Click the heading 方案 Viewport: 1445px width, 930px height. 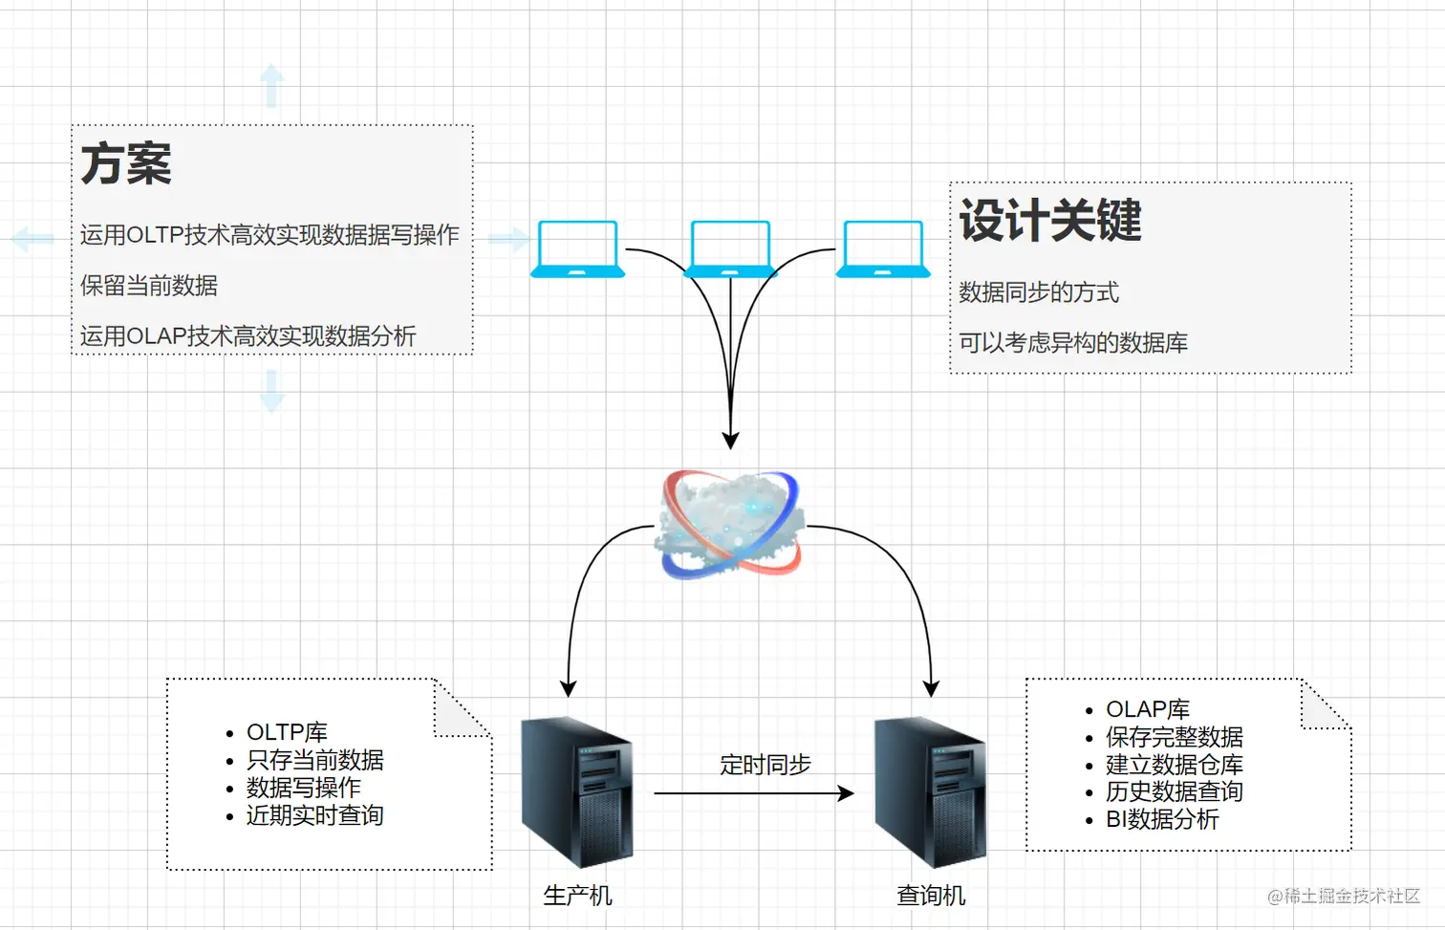(x=126, y=163)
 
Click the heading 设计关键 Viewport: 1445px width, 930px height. (x=1050, y=221)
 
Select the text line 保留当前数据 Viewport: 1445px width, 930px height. (x=149, y=286)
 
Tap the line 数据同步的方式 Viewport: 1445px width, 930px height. (x=1039, y=292)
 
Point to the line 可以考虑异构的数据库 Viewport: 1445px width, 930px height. (x=1073, y=343)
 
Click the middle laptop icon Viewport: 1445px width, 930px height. (x=730, y=249)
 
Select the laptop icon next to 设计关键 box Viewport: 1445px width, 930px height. (x=883, y=249)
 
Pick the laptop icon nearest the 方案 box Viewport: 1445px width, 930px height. (x=577, y=249)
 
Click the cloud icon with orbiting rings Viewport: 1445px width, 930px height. (x=730, y=525)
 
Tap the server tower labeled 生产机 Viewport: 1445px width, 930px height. (x=576, y=791)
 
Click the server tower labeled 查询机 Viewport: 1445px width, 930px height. (x=930, y=791)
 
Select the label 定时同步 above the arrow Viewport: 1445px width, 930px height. (x=765, y=765)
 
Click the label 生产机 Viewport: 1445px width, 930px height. (x=577, y=896)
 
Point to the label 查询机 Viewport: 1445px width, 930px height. (x=931, y=896)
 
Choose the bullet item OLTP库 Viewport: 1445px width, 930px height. (x=287, y=732)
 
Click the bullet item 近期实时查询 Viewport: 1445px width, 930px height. (x=314, y=815)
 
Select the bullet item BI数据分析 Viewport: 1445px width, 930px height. (x=1162, y=819)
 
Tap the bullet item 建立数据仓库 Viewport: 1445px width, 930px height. (x=1174, y=765)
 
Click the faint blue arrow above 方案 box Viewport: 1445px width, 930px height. (x=272, y=86)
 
